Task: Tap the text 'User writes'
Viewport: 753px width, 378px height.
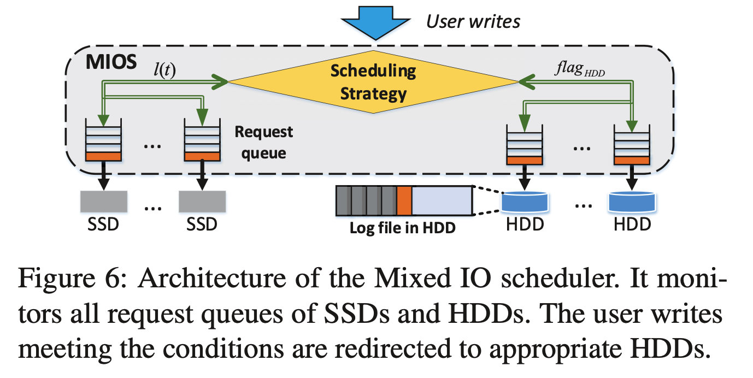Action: click(x=473, y=21)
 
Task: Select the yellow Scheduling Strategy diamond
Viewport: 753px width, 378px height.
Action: click(x=373, y=81)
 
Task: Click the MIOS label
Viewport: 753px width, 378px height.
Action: click(x=111, y=62)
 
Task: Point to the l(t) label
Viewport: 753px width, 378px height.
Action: click(x=164, y=70)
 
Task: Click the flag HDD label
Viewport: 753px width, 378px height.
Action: click(x=580, y=68)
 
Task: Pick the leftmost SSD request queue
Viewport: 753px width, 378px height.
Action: click(x=103, y=140)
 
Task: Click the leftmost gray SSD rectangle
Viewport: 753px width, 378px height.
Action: click(x=103, y=202)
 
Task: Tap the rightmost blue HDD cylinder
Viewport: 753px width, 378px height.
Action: click(x=632, y=202)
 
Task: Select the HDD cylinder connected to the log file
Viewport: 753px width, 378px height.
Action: click(x=525, y=202)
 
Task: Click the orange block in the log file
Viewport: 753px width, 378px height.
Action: click(x=404, y=200)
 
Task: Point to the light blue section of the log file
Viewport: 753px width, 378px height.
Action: click(x=442, y=200)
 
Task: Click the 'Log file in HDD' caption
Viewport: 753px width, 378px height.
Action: click(x=402, y=228)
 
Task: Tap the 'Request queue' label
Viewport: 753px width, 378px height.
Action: click(x=264, y=143)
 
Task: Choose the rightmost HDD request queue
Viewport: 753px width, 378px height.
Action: click(x=632, y=144)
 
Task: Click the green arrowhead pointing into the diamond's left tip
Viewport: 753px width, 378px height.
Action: click(x=220, y=81)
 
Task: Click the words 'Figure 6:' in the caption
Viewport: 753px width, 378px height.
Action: click(x=73, y=279)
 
